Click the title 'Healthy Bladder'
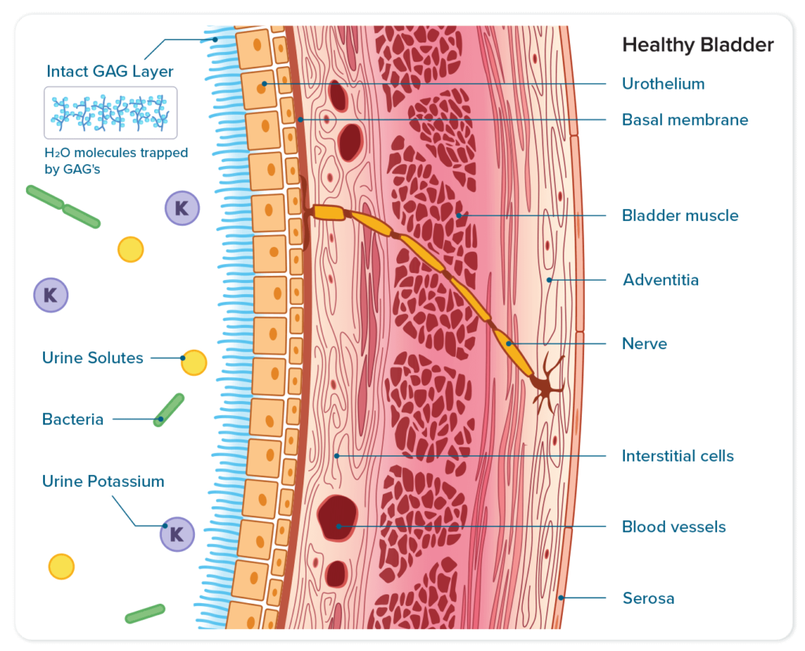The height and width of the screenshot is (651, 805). [x=697, y=45]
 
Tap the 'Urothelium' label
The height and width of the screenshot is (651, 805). [x=663, y=83]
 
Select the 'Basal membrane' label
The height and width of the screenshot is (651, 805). [x=685, y=120]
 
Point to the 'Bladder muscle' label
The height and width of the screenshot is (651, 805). [x=680, y=215]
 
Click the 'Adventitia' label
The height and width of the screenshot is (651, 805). [x=660, y=280]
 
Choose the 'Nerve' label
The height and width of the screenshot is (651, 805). [x=644, y=344]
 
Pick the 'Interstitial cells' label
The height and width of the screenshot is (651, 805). [x=678, y=456]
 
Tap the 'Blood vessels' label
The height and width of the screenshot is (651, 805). [x=674, y=527]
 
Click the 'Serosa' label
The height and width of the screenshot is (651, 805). [x=648, y=598]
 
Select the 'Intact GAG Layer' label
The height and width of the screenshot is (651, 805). [x=110, y=71]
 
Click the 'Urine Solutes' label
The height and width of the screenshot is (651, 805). [x=93, y=359]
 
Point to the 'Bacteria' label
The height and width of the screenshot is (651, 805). [x=73, y=419]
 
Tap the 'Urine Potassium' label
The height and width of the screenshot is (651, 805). [x=103, y=481]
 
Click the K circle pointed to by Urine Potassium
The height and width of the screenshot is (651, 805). [x=177, y=535]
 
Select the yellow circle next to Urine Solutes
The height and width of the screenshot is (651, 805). [x=194, y=362]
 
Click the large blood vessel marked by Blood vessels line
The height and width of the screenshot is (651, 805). [x=337, y=517]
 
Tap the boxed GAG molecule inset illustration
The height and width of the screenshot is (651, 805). [x=110, y=112]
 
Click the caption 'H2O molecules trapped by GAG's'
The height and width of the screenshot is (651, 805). [x=116, y=160]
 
